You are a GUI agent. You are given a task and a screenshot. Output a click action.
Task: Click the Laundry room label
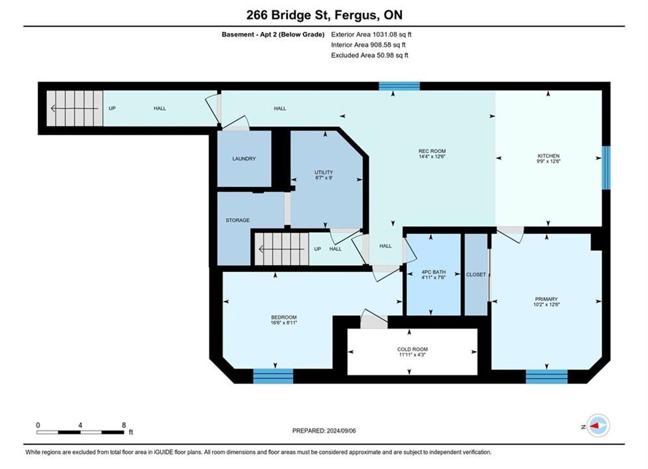244,159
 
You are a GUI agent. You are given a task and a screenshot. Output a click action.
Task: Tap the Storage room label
238,220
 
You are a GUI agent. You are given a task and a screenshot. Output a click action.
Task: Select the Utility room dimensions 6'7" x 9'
324,178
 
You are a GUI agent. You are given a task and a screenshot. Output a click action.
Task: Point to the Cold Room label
412,349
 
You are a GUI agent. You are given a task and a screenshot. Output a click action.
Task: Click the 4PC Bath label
434,272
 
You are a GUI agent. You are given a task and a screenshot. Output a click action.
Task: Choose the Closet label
476,274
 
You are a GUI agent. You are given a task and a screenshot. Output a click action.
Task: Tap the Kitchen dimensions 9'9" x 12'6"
548,161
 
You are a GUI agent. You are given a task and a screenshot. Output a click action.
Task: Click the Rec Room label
432,151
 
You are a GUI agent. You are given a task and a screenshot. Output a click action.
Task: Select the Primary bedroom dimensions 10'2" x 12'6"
546,305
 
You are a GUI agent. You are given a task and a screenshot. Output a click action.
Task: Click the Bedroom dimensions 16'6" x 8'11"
284,322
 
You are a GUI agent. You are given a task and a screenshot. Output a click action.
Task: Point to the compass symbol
598,425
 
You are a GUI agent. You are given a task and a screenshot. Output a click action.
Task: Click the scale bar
80,433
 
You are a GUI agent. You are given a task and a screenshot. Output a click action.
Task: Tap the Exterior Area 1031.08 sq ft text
371,35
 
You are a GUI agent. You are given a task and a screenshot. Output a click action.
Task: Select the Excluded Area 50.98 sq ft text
369,55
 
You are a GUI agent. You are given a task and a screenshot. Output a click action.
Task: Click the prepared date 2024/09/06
341,431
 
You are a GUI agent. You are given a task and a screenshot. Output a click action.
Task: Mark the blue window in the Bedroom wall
273,376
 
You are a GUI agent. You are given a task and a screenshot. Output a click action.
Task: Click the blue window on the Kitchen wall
606,168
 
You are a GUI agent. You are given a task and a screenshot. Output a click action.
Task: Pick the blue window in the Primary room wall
547,377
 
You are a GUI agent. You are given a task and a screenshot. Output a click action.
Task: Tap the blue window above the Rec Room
400,86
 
